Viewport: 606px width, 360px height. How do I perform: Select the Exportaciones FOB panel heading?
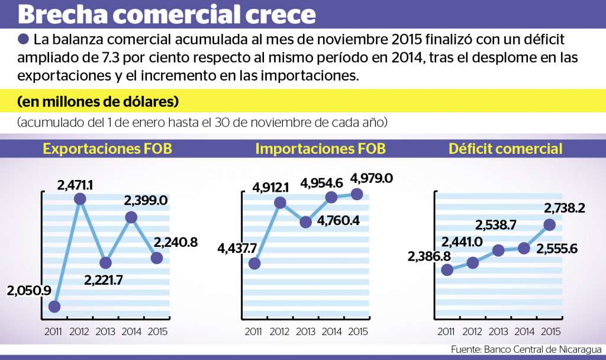pos(107,149)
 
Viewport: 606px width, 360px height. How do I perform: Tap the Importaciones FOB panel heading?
pos(320,149)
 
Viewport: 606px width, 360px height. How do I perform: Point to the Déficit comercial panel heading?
pos(505,149)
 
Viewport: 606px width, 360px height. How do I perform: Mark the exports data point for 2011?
pos(54,306)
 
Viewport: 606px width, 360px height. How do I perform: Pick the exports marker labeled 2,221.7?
pos(105,263)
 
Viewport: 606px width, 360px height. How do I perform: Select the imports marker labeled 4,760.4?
pos(305,222)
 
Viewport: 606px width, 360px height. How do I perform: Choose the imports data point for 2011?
pos(254,263)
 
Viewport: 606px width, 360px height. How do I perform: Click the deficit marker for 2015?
pos(549,224)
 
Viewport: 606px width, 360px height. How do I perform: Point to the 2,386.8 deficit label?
pos(428,256)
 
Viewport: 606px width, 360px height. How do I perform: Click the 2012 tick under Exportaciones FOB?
pos(80,332)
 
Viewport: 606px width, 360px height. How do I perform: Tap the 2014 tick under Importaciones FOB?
pos(331,332)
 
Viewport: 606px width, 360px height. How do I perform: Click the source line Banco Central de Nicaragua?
pos(526,349)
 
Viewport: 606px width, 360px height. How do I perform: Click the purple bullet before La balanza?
pos(24,40)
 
